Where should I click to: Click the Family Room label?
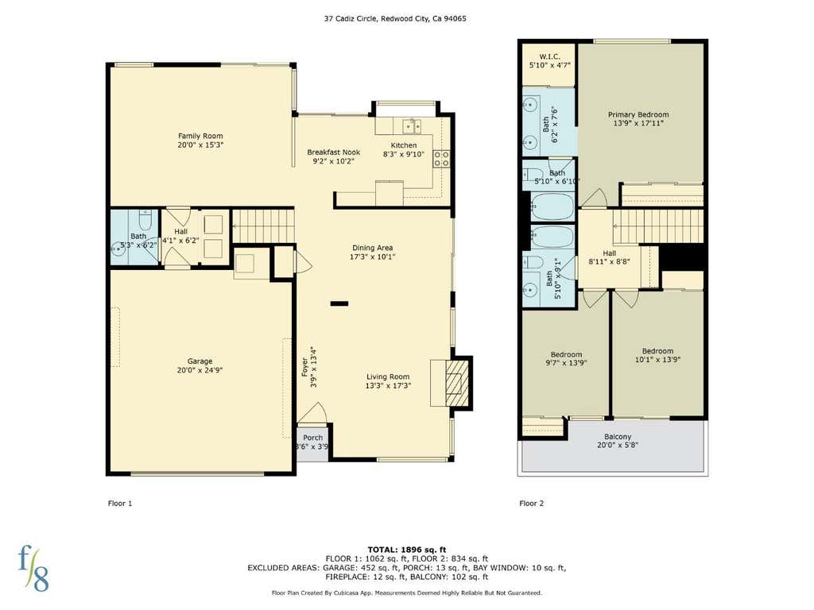click(200, 136)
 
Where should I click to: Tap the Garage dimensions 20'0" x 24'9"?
click(200, 370)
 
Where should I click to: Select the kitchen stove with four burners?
click(441, 158)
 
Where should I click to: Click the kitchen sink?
click(413, 125)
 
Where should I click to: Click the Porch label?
click(312, 438)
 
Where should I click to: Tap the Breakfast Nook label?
click(333, 152)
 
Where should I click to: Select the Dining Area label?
click(372, 248)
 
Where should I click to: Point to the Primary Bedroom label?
click(638, 114)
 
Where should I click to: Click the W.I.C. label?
click(549, 56)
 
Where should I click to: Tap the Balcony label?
click(618, 437)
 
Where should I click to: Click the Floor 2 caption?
click(532, 503)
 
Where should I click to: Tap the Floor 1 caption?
click(120, 503)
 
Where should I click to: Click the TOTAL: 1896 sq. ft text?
click(407, 550)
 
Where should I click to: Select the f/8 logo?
click(33, 568)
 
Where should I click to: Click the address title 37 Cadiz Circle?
click(351, 19)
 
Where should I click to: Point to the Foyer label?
click(304, 367)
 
